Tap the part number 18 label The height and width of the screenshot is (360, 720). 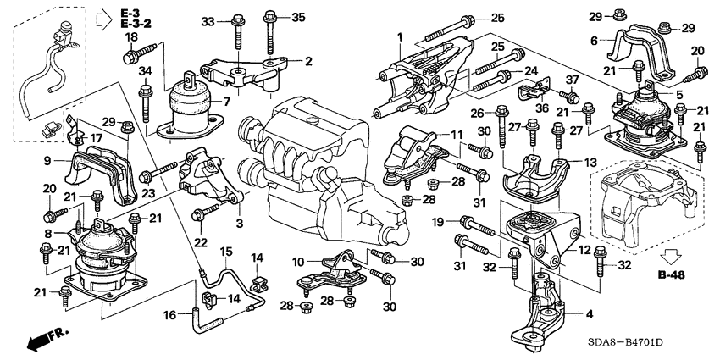coord(130,39)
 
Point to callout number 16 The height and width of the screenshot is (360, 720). coord(169,314)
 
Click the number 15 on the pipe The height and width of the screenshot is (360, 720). coord(226,252)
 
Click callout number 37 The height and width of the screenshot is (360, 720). coord(572,80)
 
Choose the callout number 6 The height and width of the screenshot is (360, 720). coord(594,40)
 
